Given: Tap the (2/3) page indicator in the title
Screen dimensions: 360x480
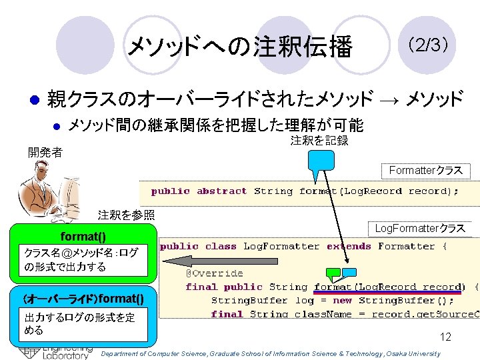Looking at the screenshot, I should coord(427,45).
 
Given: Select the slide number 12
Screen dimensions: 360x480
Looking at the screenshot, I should coord(445,337).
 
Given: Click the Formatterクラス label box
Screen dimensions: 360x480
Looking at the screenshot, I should coord(425,171).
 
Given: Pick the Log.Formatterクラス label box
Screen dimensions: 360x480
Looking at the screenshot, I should coord(419,229).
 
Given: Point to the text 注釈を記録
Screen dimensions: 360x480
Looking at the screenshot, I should coord(319,141).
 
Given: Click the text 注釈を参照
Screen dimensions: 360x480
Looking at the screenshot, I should coord(126,215).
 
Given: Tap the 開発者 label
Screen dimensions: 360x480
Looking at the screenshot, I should coord(45,153).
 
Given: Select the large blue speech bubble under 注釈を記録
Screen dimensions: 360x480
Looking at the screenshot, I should coord(321,163).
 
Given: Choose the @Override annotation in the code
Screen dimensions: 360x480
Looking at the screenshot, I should coord(214,273).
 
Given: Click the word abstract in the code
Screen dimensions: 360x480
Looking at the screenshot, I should coord(221,191).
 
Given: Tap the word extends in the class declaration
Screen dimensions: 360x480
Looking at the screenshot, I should coord(349,247).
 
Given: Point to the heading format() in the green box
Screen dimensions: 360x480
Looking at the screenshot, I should coord(83,236).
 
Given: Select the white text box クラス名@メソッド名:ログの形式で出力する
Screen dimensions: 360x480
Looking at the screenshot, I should coord(83,260).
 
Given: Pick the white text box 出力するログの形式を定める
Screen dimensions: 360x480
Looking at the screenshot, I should coord(83,323).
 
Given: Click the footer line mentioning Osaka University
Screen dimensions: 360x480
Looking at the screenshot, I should coord(270,354).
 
